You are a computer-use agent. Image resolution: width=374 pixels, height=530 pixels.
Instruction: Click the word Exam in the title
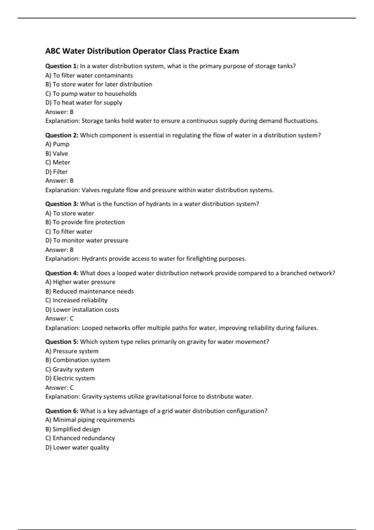[x=229, y=51]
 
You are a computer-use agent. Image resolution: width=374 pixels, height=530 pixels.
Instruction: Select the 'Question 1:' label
[x=62, y=66]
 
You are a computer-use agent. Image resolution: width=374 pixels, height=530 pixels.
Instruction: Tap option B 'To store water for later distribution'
[x=98, y=84]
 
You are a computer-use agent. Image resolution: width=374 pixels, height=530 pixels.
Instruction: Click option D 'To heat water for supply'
[x=84, y=103]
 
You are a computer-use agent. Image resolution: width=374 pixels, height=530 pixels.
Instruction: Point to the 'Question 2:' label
[x=62, y=135]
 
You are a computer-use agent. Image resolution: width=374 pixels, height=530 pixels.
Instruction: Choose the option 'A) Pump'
[x=57, y=144]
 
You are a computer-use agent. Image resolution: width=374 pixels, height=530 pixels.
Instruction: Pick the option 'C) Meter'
[x=58, y=162]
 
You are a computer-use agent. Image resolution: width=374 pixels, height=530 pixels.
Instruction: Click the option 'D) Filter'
[x=56, y=172]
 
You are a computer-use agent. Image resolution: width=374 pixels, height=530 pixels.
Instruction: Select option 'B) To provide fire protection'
[x=85, y=222]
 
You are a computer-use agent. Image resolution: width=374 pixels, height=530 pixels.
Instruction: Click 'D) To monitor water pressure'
[x=87, y=240]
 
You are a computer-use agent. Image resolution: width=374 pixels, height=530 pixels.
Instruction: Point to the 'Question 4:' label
[x=62, y=273]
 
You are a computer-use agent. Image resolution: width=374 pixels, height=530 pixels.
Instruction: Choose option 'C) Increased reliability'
[x=76, y=300]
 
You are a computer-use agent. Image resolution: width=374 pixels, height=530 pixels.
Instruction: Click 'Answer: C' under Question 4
[x=59, y=319]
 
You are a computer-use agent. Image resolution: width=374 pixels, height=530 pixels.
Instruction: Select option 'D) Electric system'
[x=70, y=378]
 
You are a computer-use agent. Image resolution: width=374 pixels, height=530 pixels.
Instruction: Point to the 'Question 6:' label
[x=62, y=411]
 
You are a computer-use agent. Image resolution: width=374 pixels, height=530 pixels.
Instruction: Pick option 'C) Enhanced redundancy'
[x=80, y=438]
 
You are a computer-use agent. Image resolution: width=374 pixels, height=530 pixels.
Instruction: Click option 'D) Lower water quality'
[x=77, y=448]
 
